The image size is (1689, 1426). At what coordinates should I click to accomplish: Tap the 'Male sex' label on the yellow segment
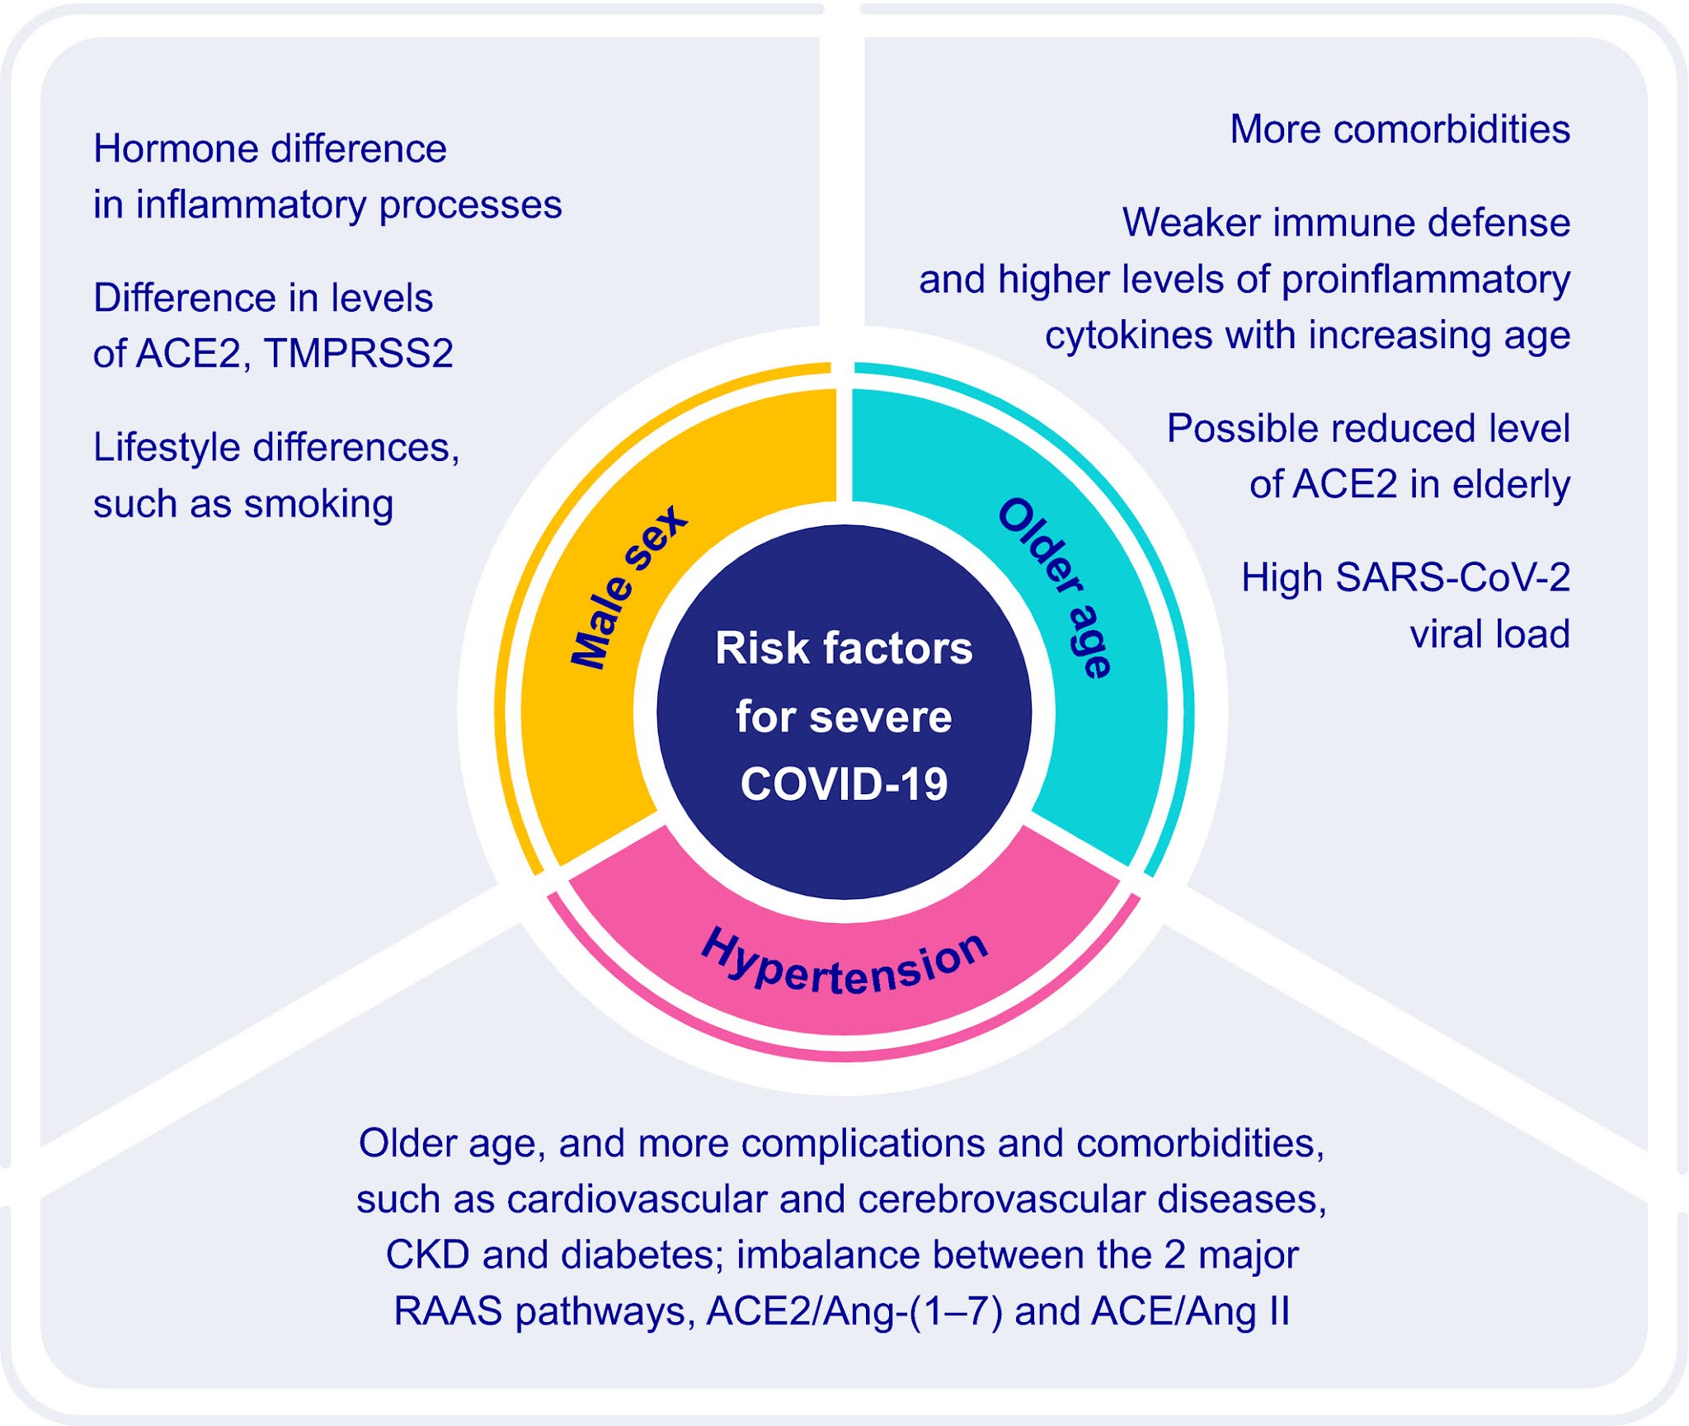628,587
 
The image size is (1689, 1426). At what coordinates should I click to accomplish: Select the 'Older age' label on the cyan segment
1056,587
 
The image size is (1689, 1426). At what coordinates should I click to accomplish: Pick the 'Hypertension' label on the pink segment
844,963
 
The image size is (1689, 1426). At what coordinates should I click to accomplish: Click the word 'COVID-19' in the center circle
844,784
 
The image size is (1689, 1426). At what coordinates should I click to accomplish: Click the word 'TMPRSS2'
359,354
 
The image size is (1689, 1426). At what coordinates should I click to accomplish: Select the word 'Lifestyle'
167,448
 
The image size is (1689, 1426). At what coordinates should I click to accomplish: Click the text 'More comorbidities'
1400,129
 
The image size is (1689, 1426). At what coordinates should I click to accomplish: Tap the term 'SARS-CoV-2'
1452,577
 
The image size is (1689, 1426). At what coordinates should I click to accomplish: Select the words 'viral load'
1489,634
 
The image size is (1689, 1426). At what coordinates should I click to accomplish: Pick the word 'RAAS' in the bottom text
448,1311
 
